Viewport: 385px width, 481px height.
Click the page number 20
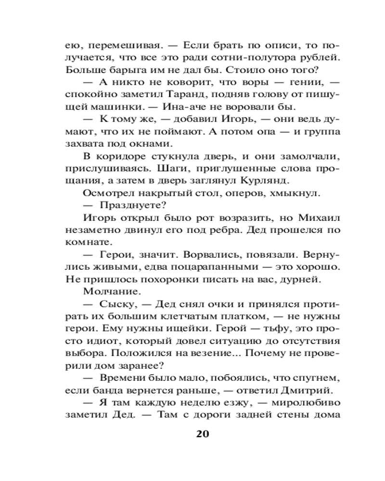coord(202,433)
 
